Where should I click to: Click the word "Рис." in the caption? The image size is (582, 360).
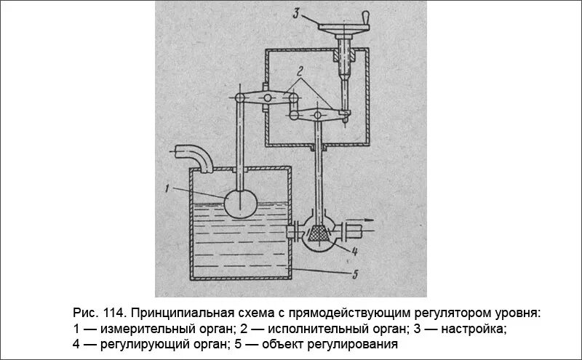[x=87, y=313]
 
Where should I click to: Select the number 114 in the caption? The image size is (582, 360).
[x=116, y=313]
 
